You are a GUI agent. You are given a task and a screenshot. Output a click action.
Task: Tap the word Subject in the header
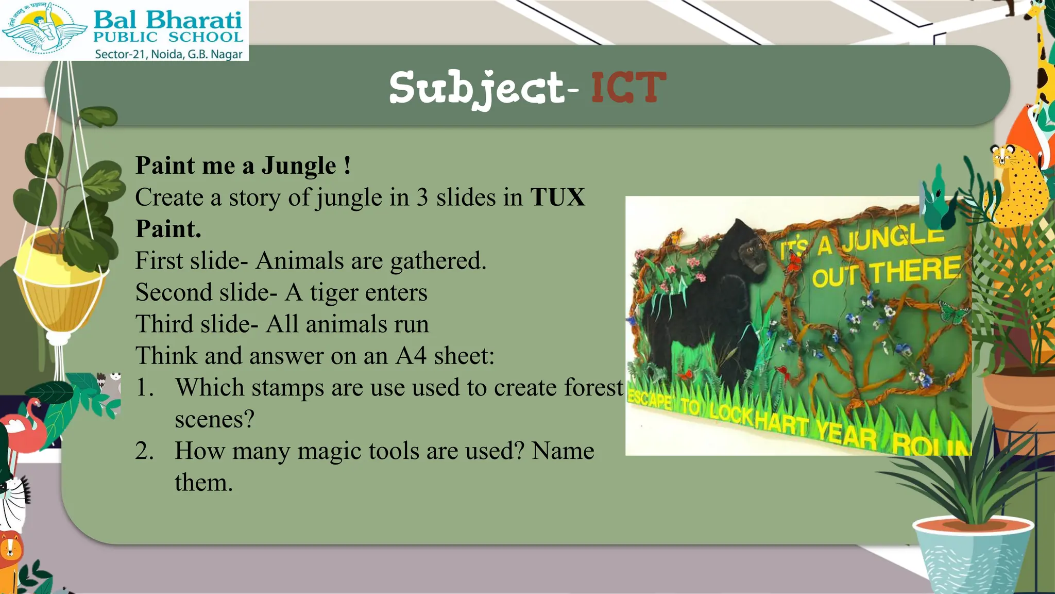[477, 89]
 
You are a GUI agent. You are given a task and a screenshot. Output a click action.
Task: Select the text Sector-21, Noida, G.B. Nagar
[168, 54]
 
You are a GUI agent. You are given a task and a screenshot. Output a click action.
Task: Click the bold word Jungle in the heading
[299, 166]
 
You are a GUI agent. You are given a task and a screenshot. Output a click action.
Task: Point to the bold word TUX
[557, 197]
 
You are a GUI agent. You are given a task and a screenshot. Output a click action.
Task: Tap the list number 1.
[144, 388]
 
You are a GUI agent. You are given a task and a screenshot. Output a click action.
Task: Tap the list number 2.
[144, 451]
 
